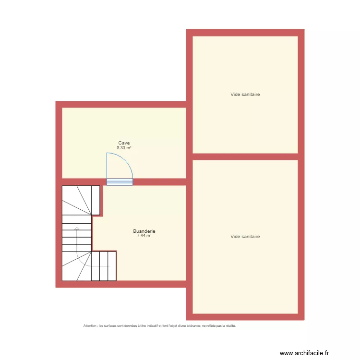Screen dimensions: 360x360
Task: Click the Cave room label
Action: tap(124, 143)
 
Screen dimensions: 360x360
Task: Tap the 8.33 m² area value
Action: tap(124, 148)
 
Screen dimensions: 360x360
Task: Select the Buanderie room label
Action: tap(144, 231)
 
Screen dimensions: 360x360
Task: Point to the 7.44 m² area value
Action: tap(144, 236)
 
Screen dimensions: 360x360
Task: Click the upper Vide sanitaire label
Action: tap(245, 95)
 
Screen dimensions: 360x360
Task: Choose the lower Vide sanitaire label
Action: tap(245, 236)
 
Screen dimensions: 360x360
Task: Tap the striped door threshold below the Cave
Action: tap(120, 181)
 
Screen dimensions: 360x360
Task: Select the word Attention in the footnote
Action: tap(90, 325)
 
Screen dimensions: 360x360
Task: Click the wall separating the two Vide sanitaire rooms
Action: tap(245, 156)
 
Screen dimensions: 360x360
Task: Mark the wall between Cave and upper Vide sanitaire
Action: tap(189, 139)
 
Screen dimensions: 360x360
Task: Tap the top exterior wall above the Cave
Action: tap(120, 104)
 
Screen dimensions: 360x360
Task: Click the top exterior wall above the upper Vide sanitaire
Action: tap(245, 33)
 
